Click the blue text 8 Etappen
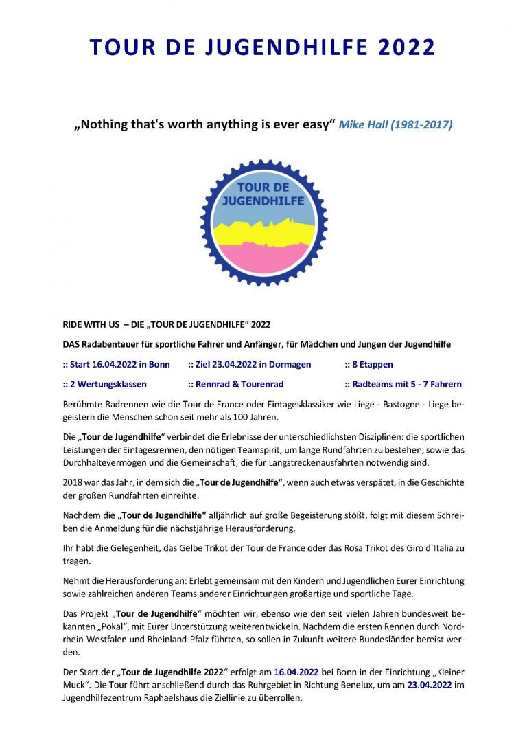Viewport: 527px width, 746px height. (372, 364)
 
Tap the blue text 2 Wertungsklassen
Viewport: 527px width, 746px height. (104, 384)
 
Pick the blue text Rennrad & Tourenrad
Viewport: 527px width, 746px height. (231, 384)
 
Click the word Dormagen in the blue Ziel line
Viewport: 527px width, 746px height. (287, 364)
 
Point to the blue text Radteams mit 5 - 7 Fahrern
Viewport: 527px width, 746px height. (406, 384)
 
